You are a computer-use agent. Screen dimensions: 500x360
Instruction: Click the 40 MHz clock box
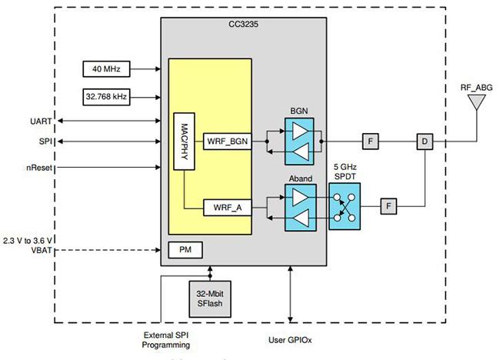pos(106,69)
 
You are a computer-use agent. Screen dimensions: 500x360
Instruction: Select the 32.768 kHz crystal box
pos(106,97)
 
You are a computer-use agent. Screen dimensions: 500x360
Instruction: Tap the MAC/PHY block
pos(185,142)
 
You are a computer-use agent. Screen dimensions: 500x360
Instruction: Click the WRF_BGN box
pos(228,142)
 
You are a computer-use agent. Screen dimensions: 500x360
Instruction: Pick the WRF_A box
pos(228,208)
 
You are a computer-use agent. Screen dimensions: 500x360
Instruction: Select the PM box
pos(185,250)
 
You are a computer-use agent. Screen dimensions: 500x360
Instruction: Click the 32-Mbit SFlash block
pos(210,298)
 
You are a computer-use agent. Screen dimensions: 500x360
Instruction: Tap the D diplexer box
pos(425,142)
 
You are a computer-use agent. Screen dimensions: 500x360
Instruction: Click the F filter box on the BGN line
pos(371,142)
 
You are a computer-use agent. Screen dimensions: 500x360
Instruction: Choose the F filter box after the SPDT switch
pos(388,206)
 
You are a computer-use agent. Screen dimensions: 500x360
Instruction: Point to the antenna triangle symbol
pos(476,102)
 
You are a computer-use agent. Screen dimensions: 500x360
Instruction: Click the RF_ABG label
pos(476,88)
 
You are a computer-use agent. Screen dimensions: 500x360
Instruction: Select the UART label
pos(41,122)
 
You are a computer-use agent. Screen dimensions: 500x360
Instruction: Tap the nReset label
pos(39,168)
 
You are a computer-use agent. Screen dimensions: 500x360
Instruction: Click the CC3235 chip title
pos(243,25)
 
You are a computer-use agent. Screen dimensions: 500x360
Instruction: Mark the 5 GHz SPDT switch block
pos(345,206)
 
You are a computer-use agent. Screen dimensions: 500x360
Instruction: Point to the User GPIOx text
pos(290,340)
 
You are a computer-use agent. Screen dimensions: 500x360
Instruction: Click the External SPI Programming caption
pos(166,340)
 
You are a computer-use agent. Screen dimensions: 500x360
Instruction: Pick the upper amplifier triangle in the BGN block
pos(300,131)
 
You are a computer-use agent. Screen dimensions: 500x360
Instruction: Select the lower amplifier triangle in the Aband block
pos(301,218)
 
